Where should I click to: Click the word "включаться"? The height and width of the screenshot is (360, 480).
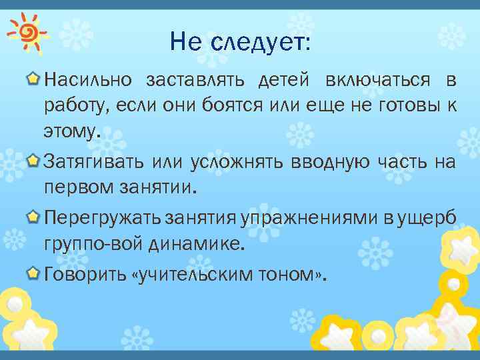tap(377, 81)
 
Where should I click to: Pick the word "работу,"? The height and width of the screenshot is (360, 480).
tap(77, 105)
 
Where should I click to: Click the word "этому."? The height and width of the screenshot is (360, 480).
tap(71, 130)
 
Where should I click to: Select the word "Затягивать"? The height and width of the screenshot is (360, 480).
tap(93, 161)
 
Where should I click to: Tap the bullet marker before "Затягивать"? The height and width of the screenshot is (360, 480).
tap(32, 160)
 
